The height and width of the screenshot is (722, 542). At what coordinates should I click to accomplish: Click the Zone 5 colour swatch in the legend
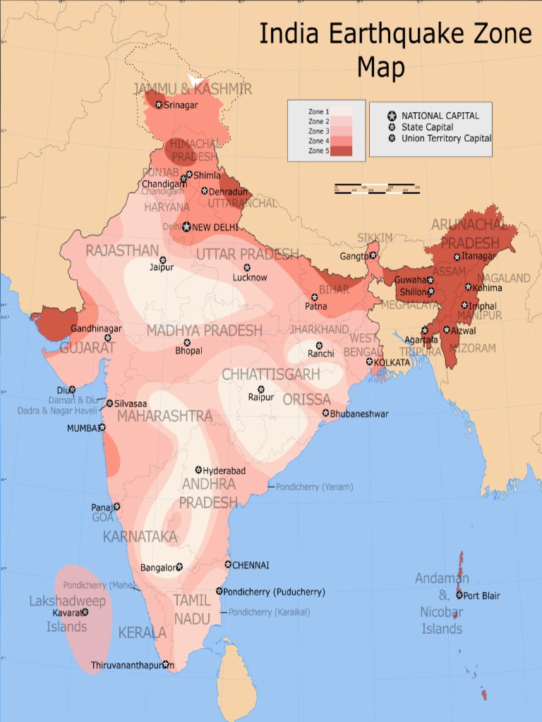342,151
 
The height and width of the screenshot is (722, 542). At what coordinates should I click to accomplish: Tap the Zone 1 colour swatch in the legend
342,111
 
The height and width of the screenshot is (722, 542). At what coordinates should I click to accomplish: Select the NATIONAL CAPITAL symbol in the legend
392,116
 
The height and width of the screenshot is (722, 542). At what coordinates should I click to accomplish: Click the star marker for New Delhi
186,227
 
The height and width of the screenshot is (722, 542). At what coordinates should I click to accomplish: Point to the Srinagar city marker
159,105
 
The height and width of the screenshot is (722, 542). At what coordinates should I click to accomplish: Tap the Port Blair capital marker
459,596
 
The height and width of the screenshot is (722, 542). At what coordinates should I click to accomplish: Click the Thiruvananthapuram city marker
165,664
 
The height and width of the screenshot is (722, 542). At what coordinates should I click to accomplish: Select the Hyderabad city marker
198,470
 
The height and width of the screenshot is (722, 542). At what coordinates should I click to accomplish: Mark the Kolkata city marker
369,362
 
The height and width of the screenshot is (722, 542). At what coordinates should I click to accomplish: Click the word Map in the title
381,68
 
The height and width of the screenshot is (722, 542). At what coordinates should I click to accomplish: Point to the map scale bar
377,189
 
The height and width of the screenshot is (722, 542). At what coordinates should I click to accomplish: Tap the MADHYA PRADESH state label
204,331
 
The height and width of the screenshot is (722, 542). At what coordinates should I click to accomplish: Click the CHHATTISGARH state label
270,374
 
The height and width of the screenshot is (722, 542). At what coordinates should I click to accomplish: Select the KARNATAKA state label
140,537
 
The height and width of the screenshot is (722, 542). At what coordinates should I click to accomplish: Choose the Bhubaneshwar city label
359,414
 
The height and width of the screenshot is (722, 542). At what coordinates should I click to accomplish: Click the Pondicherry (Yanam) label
314,487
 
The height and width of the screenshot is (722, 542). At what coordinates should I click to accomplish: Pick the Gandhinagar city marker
108,338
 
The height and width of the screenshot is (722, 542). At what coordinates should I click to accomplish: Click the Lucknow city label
250,278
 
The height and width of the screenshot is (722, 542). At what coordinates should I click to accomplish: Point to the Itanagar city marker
457,257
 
